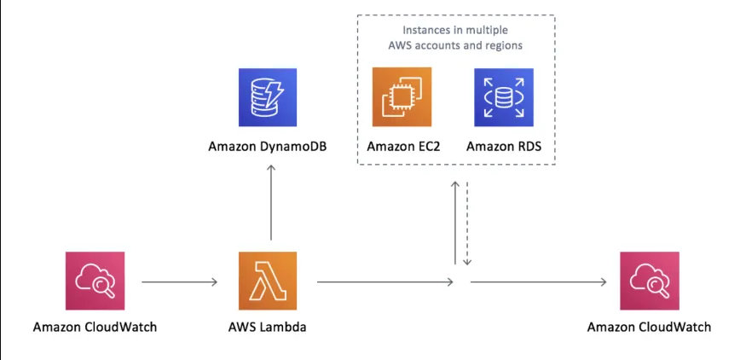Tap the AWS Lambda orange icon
pos(268,281)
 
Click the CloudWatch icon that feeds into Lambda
pos(95,281)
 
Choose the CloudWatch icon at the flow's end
pos(650,281)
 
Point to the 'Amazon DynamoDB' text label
pos(269,147)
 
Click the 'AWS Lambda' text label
pos(268,327)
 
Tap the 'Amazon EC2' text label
pos(402,147)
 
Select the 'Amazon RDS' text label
pos(504,147)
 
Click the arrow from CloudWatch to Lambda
pos(178,281)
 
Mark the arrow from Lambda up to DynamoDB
pos(271,202)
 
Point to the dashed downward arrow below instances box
pos(467,222)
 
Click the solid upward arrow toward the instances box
pos(456,222)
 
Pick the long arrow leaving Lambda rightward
pos(385,281)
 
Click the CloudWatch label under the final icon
pos(650,327)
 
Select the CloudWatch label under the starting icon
pos(95,327)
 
